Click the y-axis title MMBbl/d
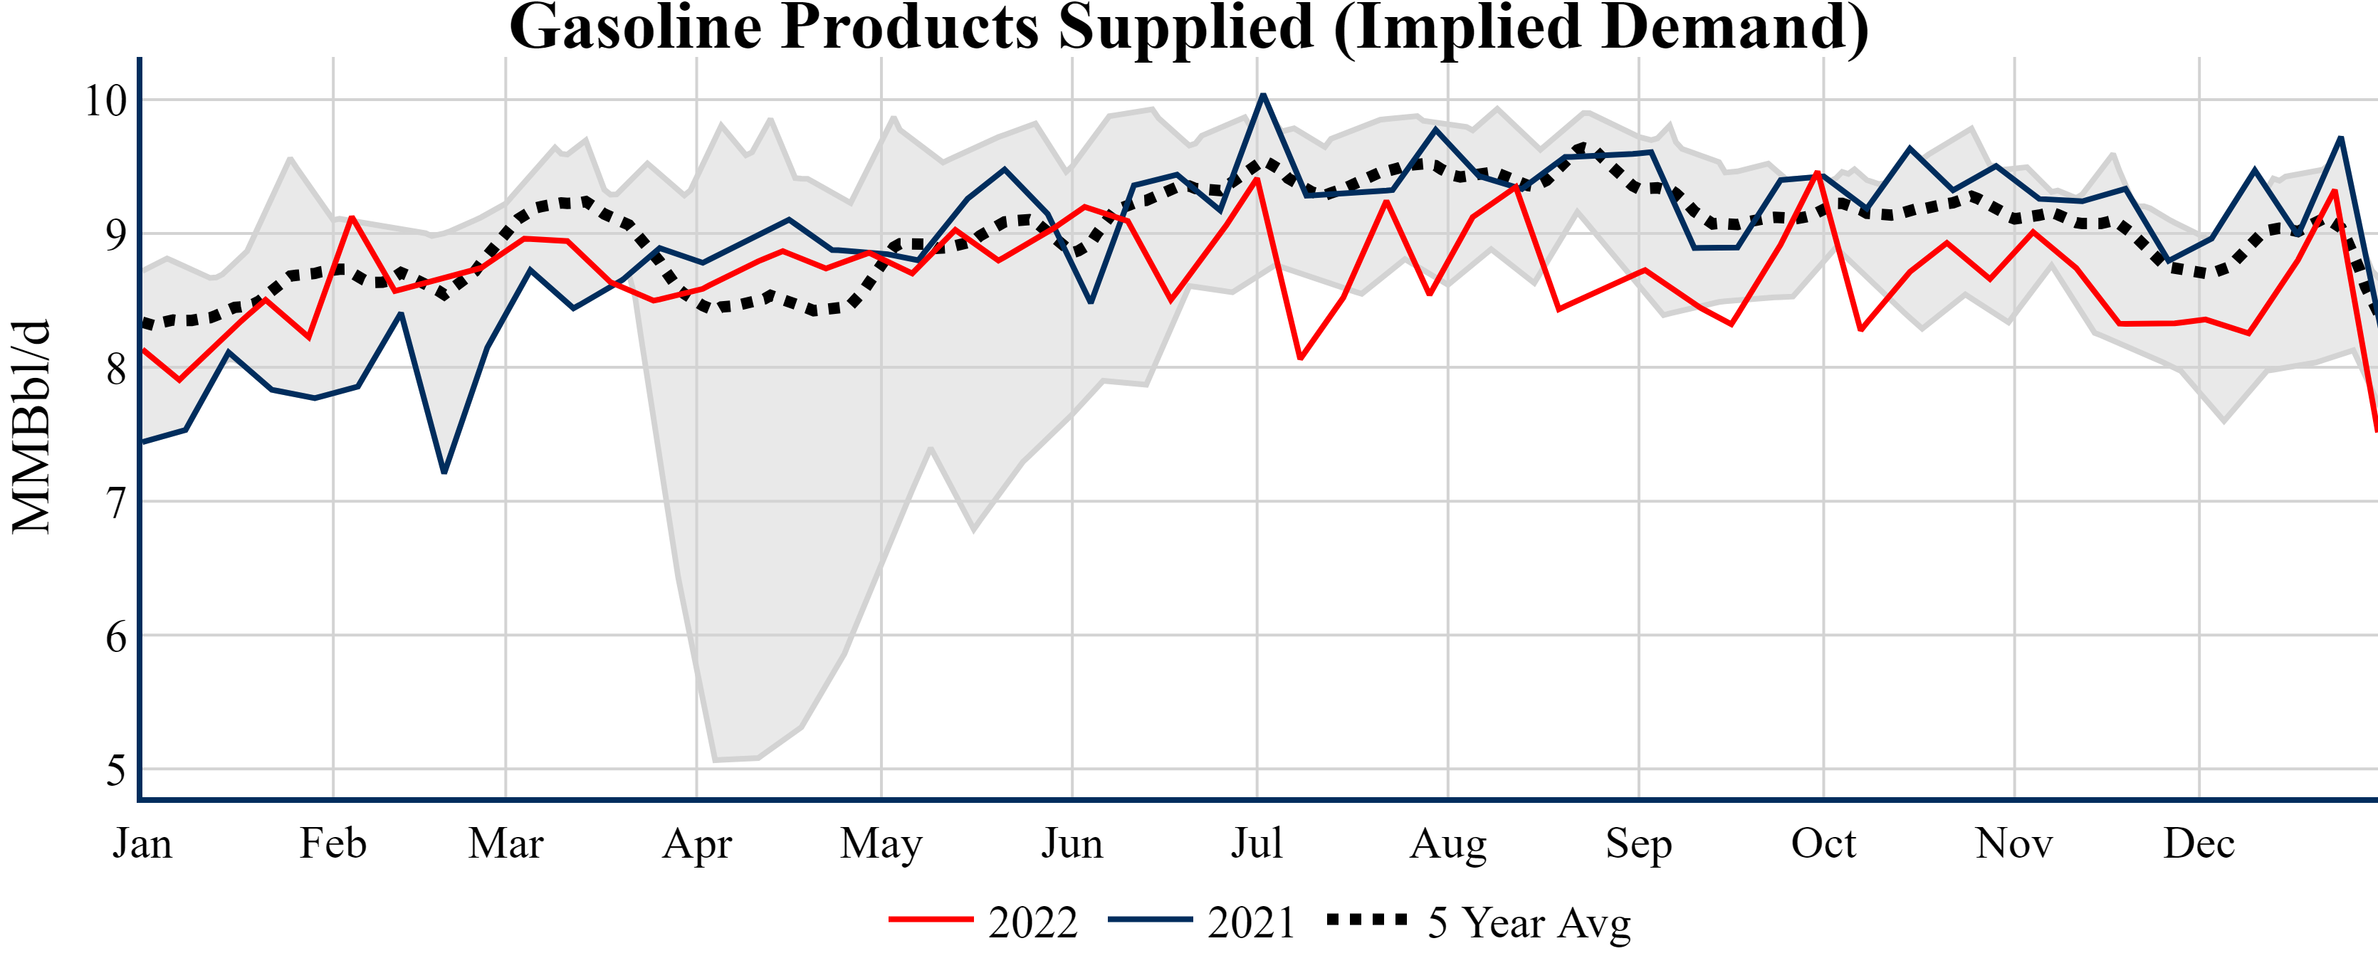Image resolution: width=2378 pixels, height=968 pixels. point(31,426)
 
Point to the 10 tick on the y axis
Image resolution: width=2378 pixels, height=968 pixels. point(105,100)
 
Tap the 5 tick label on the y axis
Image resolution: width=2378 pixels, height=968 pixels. point(115,769)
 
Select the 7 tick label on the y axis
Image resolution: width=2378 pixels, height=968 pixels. point(115,503)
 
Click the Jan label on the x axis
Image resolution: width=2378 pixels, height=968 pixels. point(142,843)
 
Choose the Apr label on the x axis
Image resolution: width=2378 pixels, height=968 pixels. point(697,843)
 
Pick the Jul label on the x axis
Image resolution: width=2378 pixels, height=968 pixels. point(1257,843)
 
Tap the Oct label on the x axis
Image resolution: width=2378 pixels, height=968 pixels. point(1823,843)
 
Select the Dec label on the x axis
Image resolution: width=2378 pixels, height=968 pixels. point(2199,843)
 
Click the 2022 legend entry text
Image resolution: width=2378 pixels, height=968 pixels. point(1033,922)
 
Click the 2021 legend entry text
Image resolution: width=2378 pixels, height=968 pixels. point(1252,922)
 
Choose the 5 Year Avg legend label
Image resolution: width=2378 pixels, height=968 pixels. point(1529,922)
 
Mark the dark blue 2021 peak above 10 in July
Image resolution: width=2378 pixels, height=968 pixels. point(1263,95)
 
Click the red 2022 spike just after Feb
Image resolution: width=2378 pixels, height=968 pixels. point(352,217)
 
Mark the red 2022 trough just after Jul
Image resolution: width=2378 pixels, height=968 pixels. point(1300,358)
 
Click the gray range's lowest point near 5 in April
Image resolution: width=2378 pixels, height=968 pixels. point(716,760)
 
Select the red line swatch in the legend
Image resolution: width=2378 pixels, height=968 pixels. point(931,920)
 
